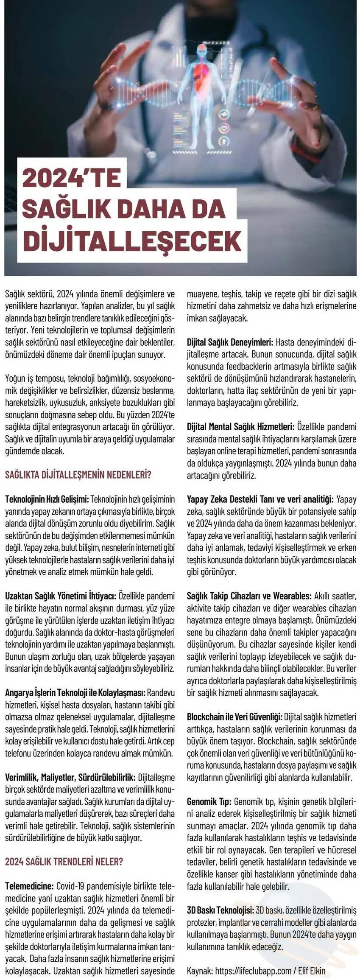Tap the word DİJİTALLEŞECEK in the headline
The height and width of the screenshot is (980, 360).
(132, 241)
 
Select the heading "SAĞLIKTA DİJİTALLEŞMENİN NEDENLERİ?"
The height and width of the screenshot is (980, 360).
(78, 474)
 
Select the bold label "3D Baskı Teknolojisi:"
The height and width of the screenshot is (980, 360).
(220, 910)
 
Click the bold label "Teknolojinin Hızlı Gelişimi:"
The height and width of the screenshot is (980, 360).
(47, 498)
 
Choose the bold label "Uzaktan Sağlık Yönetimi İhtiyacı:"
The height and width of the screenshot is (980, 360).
(61, 595)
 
